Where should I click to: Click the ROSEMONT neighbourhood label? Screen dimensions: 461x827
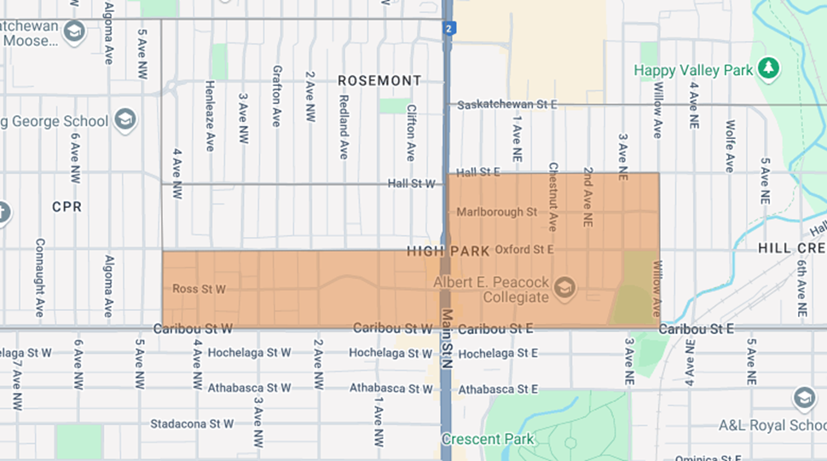(379, 80)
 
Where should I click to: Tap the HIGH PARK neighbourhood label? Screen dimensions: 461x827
(448, 251)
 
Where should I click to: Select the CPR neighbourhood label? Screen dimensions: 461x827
(67, 206)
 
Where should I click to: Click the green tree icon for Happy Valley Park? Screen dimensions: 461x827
(769, 67)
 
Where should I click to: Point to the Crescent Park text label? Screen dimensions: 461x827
(488, 440)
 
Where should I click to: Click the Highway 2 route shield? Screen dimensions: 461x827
(448, 29)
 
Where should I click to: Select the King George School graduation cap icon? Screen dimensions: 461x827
(125, 119)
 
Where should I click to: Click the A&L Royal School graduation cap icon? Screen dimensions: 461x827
(803, 397)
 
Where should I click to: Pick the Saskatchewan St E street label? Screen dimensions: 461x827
(506, 105)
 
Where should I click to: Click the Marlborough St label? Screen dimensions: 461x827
(496, 211)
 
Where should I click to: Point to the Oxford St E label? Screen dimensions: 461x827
(524, 250)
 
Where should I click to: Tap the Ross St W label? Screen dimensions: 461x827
(199, 289)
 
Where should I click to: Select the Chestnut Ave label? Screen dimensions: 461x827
(552, 197)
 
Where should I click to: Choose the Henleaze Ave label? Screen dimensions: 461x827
(209, 116)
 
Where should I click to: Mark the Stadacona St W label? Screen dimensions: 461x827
(192, 424)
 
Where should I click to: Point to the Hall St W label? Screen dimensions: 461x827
(410, 182)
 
